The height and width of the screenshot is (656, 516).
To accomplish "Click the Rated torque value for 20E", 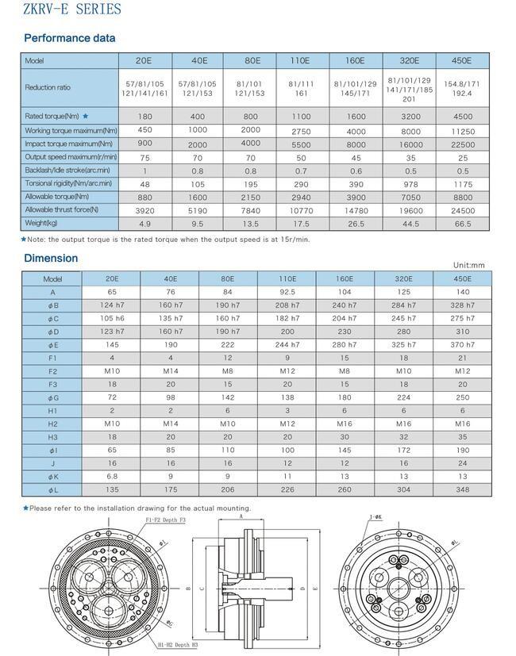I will [x=144, y=117].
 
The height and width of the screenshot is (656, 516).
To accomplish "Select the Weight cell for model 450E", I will [x=463, y=224].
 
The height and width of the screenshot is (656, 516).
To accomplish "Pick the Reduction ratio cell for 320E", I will [x=410, y=88].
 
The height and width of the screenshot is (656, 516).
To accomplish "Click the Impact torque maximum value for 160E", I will [x=356, y=144].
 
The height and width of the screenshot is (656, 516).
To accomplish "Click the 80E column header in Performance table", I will [x=252, y=61].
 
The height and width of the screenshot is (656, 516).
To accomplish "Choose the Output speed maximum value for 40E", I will [x=198, y=157].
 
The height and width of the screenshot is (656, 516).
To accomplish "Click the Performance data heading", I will [x=70, y=38].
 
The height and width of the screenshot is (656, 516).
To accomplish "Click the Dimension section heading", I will [x=51, y=258].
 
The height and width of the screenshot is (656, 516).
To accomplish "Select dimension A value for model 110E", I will [x=287, y=292].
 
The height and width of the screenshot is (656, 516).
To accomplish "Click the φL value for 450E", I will [x=463, y=490].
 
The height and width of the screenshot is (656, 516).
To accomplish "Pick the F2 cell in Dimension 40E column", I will [x=171, y=371].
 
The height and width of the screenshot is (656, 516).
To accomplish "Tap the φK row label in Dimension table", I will [x=53, y=477].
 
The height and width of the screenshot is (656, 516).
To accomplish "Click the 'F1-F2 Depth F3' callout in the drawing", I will [x=166, y=520].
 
